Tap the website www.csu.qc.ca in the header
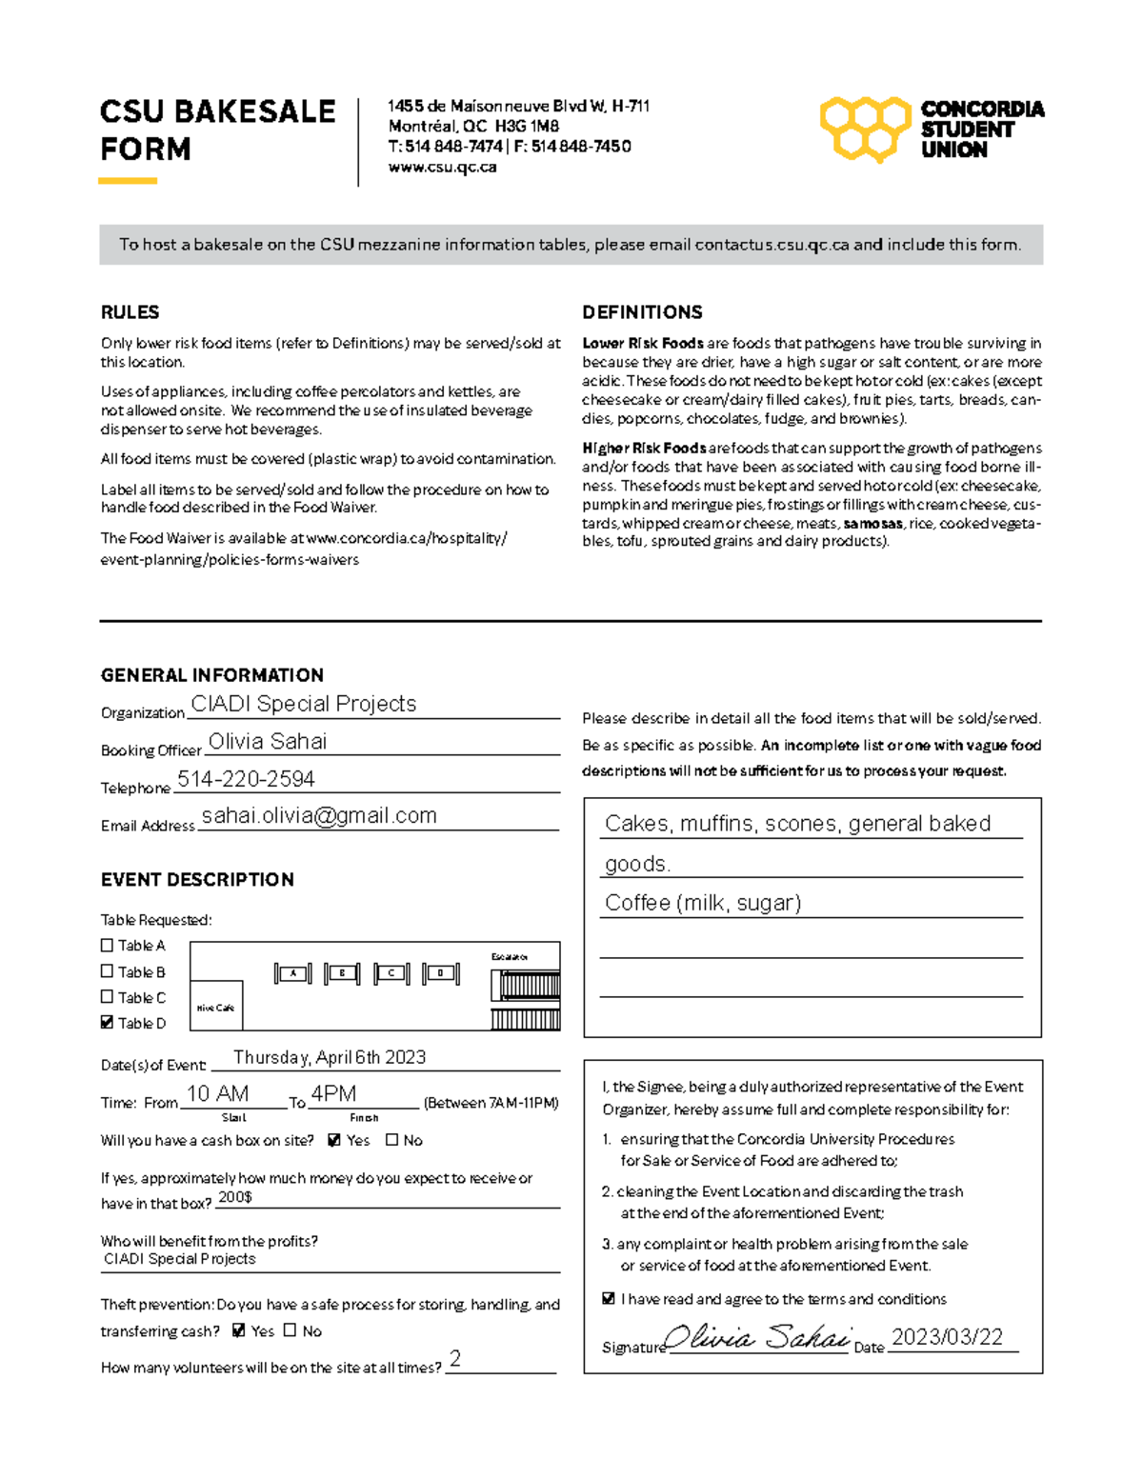pos(442,167)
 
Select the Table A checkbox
pos(107,945)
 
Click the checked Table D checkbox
pos(107,1022)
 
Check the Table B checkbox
pos(107,971)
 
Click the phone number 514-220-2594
pos(246,779)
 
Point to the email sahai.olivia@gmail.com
pos(319,815)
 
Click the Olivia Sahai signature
pos(757,1338)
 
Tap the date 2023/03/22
pos(947,1337)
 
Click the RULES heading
pos(130,312)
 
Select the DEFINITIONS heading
pos(642,312)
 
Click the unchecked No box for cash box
pos(391,1139)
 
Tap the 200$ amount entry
pos(234,1196)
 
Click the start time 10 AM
pos(217,1093)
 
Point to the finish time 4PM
pos(333,1093)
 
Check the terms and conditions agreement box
pos(609,1298)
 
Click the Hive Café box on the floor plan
pos(216,1007)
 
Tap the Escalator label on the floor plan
pos(510,956)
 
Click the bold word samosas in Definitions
pos(872,523)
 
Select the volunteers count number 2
pos(455,1358)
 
